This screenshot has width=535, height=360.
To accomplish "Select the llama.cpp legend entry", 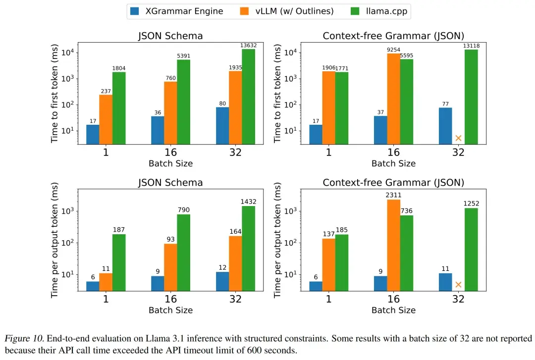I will coord(378,11).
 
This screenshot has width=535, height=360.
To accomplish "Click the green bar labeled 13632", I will coord(248,97).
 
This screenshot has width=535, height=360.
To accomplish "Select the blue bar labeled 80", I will coord(222,126).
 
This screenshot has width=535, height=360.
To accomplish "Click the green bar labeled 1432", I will coord(248,248).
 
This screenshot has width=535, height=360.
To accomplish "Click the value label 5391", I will coord(184,56).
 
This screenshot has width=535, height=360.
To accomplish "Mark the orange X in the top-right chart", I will coord(459,138).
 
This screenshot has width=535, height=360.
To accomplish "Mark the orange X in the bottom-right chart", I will coord(459,284).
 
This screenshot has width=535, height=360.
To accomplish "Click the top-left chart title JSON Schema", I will coord(170,36).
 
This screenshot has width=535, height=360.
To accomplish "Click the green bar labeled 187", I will coord(119,262).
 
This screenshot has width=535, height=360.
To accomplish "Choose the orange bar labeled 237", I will coord(106,119).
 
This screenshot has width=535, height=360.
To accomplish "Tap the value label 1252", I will coord(471,204).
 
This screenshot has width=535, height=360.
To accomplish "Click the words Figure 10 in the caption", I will coord(21,339).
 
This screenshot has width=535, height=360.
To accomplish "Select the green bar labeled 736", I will coord(407,253).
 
